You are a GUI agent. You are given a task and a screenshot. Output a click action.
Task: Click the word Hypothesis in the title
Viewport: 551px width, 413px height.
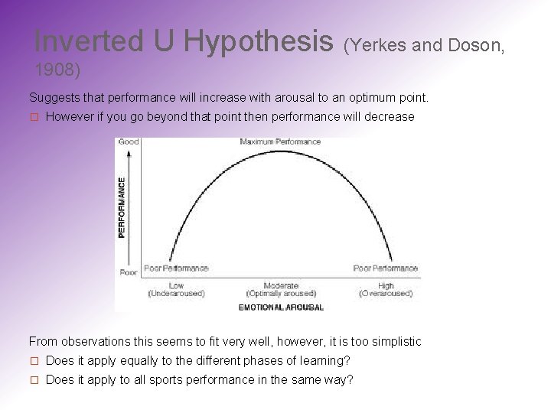click(258, 41)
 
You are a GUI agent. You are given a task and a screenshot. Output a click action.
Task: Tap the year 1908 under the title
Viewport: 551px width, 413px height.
click(57, 70)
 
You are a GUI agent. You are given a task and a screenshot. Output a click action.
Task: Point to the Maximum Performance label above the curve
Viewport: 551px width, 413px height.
click(280, 142)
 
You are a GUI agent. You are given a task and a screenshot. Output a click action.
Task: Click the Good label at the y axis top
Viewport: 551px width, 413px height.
click(128, 141)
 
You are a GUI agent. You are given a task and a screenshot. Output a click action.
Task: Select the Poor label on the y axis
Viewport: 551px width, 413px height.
click(129, 272)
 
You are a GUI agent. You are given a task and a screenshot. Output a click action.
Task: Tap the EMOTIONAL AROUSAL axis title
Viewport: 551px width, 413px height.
click(281, 307)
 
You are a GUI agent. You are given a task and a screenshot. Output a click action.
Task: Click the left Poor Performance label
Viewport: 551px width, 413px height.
click(176, 268)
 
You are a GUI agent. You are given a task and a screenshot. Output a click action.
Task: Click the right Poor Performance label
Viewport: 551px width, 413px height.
click(386, 268)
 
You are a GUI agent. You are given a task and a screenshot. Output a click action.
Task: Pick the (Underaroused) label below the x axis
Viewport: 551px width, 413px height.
click(176, 294)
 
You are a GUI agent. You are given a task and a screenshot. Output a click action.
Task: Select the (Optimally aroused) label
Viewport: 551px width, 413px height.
click(281, 294)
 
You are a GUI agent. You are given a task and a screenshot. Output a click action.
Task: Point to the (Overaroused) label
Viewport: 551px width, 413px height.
click(386, 294)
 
